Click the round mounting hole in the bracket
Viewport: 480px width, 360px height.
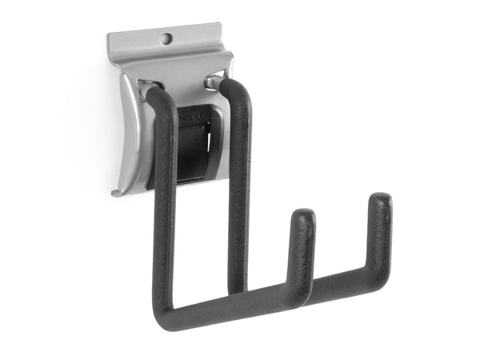coord(166,38)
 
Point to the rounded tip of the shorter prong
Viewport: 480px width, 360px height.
coord(302,217)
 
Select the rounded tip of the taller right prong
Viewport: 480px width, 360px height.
coord(381,200)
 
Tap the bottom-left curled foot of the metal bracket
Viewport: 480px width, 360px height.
coord(117,192)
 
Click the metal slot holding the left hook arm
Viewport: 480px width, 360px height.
coord(147,85)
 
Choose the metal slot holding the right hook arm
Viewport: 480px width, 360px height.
coord(212,79)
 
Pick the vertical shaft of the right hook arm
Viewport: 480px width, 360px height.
coord(238,184)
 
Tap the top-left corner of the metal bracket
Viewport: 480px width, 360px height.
coord(110,36)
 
